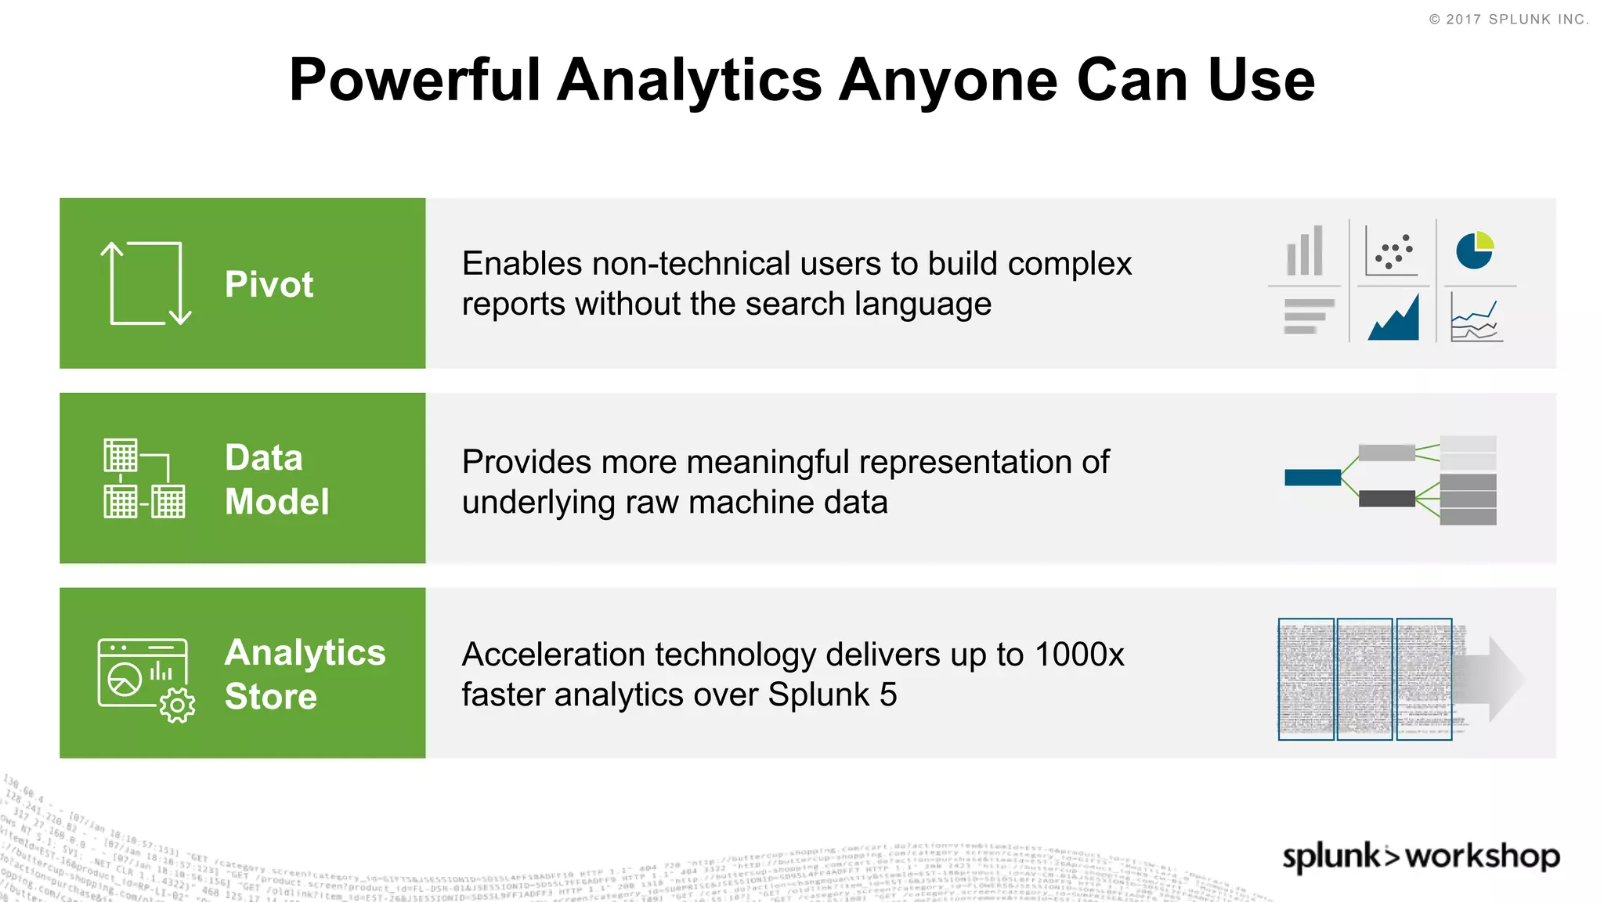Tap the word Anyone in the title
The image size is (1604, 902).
(948, 81)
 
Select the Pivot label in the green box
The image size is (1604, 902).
(269, 283)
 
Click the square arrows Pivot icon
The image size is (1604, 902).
(146, 283)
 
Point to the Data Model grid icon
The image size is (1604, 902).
(145, 478)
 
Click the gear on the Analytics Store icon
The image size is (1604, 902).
(177, 705)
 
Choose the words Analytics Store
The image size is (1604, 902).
(305, 673)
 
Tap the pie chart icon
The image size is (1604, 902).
(1475, 251)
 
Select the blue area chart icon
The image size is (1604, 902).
(1393, 319)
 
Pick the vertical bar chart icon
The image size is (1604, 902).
(1305, 251)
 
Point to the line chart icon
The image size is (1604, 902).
(1476, 319)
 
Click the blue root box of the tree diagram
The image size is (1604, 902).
(1313, 477)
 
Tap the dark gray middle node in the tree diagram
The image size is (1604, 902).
(1386, 499)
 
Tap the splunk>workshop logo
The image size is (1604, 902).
(1420, 856)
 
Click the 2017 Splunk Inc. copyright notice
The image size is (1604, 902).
(1508, 20)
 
